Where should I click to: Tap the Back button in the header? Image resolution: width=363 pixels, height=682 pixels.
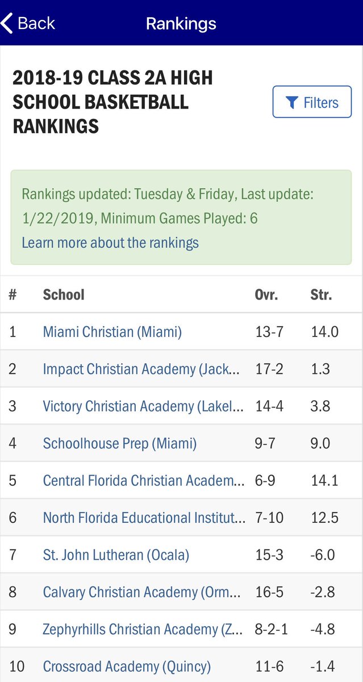[x=28, y=23]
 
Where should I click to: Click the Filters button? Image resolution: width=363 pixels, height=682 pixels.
[x=312, y=102]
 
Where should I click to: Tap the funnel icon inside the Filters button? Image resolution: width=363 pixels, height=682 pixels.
[x=292, y=102]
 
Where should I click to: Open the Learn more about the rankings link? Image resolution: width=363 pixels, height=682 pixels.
[x=110, y=243]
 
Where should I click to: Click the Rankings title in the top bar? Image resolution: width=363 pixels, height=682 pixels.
[x=181, y=23]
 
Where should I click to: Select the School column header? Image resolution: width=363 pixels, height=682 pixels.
[x=64, y=294]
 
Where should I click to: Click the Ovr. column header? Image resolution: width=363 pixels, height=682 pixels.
[x=266, y=294]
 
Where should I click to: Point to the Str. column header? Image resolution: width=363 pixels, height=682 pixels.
[x=321, y=294]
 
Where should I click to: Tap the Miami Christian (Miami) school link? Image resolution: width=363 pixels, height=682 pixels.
[x=112, y=332]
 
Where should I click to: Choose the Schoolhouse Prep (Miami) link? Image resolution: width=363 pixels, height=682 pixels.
[x=120, y=443]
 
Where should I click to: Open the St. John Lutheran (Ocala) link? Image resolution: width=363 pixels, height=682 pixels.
[x=116, y=555]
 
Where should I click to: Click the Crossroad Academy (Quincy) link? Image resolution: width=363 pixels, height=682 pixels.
[x=127, y=666]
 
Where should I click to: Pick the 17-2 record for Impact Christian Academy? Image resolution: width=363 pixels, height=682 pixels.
[x=269, y=369]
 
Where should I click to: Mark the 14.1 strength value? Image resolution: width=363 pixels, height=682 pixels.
[x=324, y=480]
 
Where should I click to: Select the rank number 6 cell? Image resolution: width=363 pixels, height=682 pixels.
[x=13, y=518]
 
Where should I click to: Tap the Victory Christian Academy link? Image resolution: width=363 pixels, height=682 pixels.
[x=143, y=406]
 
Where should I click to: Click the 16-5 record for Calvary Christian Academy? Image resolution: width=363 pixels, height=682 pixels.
[x=269, y=592]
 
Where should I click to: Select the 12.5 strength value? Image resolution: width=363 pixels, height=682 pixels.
[x=324, y=518]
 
